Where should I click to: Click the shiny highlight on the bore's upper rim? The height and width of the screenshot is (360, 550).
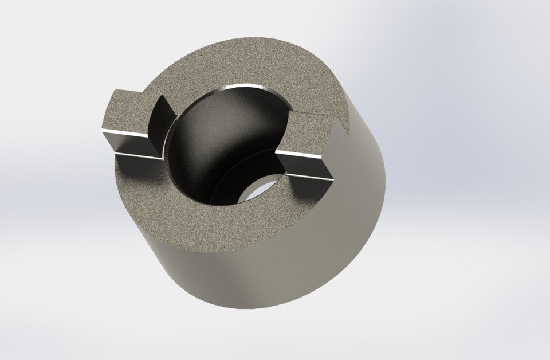241,87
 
